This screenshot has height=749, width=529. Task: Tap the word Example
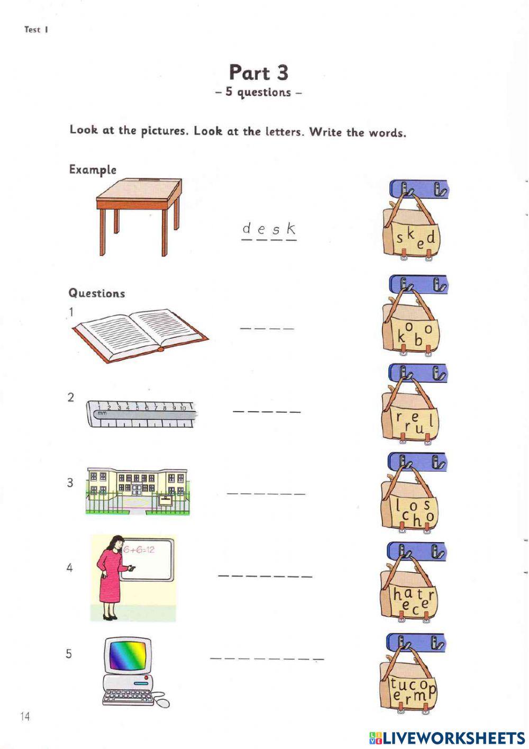[x=93, y=169]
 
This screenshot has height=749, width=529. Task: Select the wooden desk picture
[x=139, y=216]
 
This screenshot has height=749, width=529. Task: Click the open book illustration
[x=140, y=335]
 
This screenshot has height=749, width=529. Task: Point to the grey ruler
[x=140, y=414]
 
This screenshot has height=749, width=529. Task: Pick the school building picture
[x=138, y=491]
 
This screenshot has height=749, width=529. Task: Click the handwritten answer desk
[x=269, y=229]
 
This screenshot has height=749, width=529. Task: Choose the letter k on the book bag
[x=400, y=337]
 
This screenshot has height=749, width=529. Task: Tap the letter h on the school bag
[x=417, y=520]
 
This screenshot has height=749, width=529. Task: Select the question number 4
[x=69, y=567]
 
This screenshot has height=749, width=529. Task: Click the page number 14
[x=25, y=716]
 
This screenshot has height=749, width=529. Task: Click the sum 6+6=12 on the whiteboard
[x=139, y=549]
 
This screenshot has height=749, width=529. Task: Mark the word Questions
[x=97, y=293]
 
